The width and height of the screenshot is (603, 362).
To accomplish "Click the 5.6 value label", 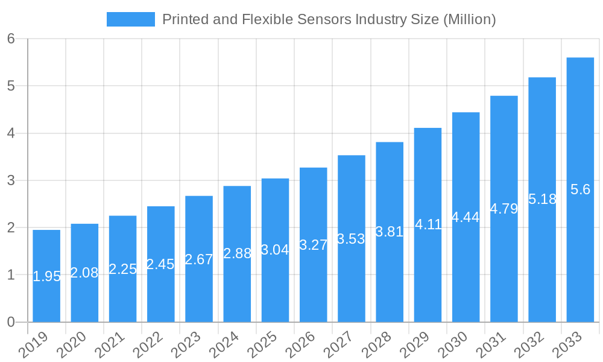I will (580, 189).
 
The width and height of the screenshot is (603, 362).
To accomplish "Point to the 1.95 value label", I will (46, 276).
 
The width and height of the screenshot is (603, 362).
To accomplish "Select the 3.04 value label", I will (275, 250).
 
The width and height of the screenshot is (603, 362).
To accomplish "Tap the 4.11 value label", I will (428, 224).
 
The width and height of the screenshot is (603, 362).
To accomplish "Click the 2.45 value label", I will (160, 264).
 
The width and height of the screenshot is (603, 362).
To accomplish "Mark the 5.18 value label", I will (542, 198).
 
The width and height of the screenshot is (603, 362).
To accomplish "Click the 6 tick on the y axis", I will (11, 39).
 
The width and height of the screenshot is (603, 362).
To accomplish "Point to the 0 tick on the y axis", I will (11, 322).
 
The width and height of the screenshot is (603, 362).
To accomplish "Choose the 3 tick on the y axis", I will (11, 180).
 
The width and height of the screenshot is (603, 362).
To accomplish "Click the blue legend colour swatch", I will (130, 19).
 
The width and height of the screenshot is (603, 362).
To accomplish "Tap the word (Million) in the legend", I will (469, 19).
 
